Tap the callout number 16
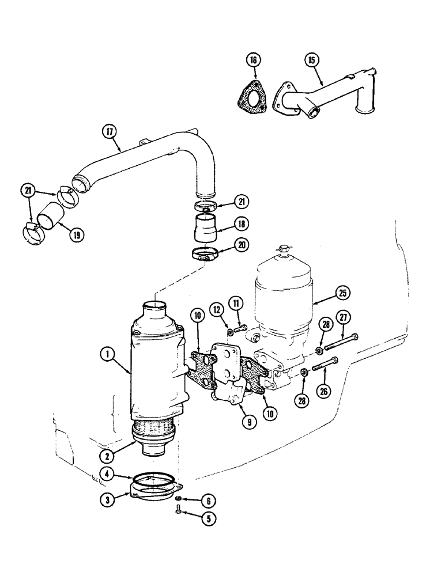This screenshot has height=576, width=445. click(x=255, y=59)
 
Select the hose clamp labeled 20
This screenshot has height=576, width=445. click(x=205, y=253)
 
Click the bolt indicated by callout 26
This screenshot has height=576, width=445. click(x=324, y=365)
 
